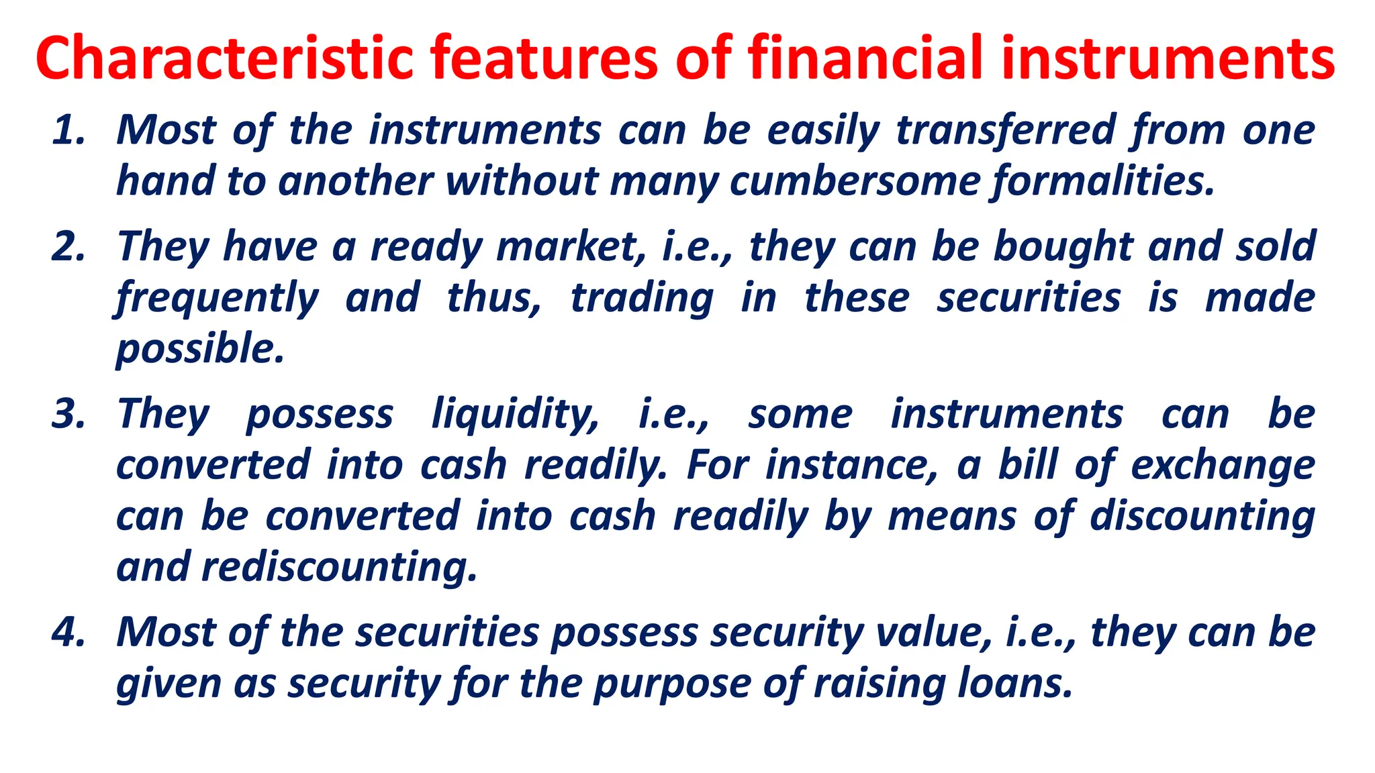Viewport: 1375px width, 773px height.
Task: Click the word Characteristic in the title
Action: [x=224, y=58]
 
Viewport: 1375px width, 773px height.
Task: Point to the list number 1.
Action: [x=68, y=130]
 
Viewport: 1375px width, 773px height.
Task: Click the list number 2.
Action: [x=68, y=246]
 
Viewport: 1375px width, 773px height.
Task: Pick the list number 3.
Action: [x=68, y=413]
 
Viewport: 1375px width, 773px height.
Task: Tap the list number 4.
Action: [x=68, y=632]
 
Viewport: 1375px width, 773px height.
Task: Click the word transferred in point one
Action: [x=1006, y=130]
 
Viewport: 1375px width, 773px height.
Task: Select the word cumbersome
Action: [x=854, y=181]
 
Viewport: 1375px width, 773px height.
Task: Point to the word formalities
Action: [x=1104, y=181]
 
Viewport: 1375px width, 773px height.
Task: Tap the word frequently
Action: [x=218, y=298]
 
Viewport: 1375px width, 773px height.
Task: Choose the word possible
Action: [x=200, y=349]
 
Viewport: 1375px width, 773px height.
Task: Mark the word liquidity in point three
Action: [x=514, y=413]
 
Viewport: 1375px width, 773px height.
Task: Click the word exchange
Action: [x=1223, y=465]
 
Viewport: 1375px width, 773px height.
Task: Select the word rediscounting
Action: [x=339, y=567]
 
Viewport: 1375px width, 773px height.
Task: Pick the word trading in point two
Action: [x=641, y=298]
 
